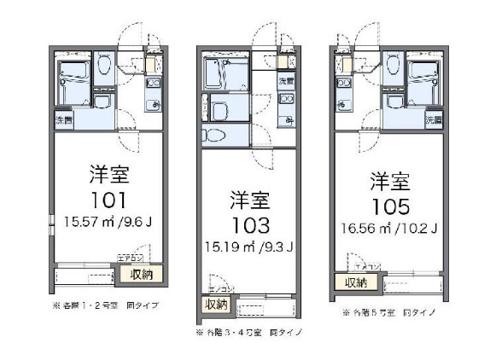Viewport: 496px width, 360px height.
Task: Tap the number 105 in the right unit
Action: pos(390,206)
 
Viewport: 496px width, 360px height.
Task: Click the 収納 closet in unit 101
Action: pos(143,274)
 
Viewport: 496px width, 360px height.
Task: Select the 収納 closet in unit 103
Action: pos(215,304)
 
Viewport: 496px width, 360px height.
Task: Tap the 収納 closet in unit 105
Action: pos(355,282)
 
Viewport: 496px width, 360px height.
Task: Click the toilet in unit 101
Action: pos(102,64)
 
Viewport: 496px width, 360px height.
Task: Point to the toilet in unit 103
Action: pos(215,134)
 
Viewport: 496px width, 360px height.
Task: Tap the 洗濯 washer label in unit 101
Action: pos(64,119)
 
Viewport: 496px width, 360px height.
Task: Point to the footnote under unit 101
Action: pos(107,305)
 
